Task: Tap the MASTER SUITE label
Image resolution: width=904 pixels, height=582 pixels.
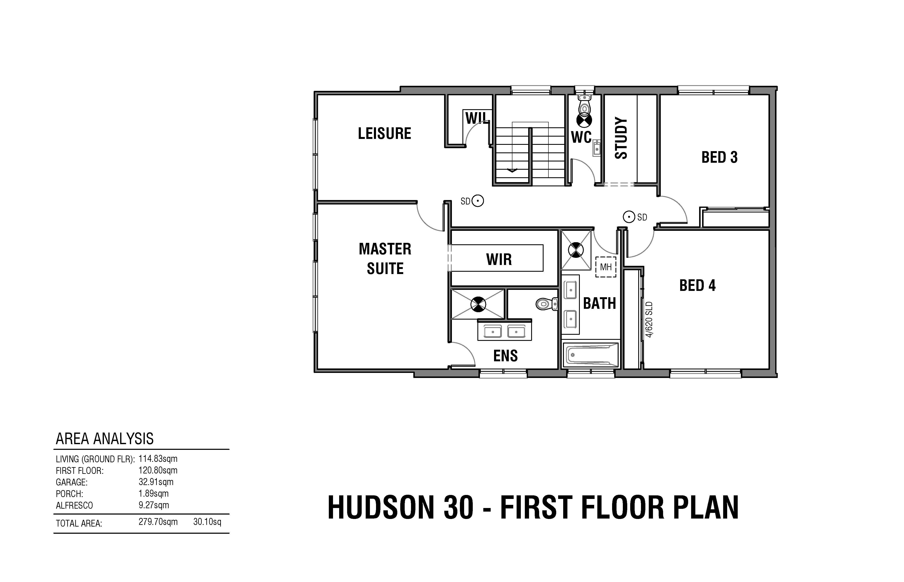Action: click(x=385, y=259)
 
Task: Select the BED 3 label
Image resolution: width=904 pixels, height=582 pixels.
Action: click(x=719, y=157)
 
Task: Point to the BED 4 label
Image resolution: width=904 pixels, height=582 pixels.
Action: click(x=697, y=285)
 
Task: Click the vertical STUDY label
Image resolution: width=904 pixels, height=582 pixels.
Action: click(x=621, y=138)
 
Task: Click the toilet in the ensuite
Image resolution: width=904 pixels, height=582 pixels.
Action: click(x=547, y=304)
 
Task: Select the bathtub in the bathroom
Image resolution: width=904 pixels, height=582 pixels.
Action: click(x=590, y=355)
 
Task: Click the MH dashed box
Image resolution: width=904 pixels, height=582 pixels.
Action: click(x=606, y=267)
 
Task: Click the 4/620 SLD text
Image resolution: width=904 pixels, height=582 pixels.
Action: click(x=649, y=319)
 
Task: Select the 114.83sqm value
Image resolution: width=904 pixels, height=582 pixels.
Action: click(x=158, y=459)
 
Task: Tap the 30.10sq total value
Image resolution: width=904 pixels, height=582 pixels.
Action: click(x=207, y=522)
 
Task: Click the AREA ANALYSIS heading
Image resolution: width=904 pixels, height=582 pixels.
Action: click(x=105, y=439)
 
